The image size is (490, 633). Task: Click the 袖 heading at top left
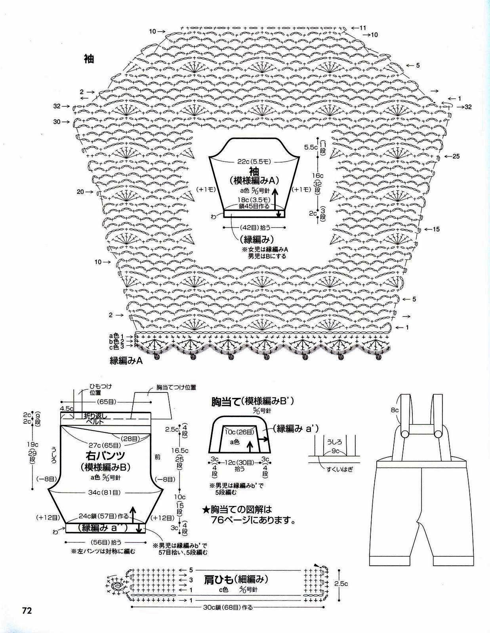pos(89,59)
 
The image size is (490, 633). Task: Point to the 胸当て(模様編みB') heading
pos(252,402)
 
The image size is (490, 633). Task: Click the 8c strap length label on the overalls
pos(394,410)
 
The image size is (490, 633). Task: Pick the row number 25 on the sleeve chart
pos(456,156)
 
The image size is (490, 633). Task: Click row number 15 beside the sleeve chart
pos(436,229)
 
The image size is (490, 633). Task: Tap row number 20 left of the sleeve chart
pos(80,192)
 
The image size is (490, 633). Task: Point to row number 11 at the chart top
pos(363,28)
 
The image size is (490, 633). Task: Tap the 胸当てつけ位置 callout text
pos(176,388)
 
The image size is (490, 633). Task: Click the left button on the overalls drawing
pos(405,434)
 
